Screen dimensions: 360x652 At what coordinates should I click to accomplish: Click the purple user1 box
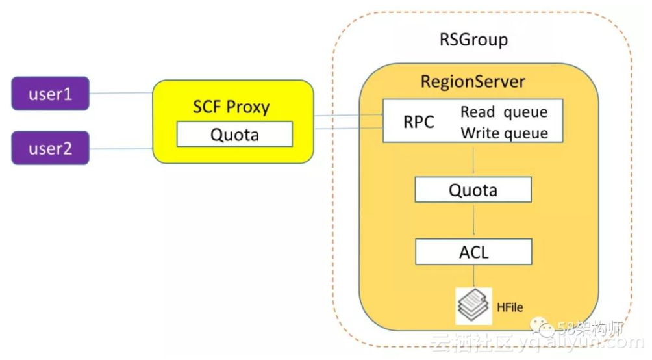pyautogui.click(x=50, y=94)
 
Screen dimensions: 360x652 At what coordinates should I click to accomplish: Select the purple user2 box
pyautogui.click(x=50, y=148)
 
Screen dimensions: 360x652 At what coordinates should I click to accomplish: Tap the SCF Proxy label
pyautogui.click(x=231, y=107)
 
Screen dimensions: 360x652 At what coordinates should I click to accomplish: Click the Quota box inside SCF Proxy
pyautogui.click(x=234, y=135)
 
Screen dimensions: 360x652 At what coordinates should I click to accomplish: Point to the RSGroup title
pyautogui.click(x=473, y=40)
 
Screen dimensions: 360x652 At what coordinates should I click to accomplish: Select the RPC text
pyautogui.click(x=418, y=122)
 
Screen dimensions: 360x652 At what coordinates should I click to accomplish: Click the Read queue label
pyautogui.click(x=504, y=112)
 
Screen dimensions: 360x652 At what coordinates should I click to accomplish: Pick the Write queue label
pyautogui.click(x=504, y=133)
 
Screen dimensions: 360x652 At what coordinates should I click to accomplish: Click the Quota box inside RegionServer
pyautogui.click(x=473, y=190)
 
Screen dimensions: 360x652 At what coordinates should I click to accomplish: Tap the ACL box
pyautogui.click(x=473, y=251)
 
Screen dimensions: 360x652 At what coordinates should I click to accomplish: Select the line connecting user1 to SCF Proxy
pyautogui.click(x=121, y=93)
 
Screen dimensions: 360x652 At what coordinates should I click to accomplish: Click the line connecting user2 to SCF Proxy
pyautogui.click(x=121, y=149)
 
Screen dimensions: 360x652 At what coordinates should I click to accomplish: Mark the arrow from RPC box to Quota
pyautogui.click(x=473, y=160)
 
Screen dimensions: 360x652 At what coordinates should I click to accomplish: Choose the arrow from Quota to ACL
pyautogui.click(x=473, y=221)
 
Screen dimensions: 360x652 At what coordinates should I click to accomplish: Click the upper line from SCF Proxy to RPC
pyautogui.click(x=348, y=116)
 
